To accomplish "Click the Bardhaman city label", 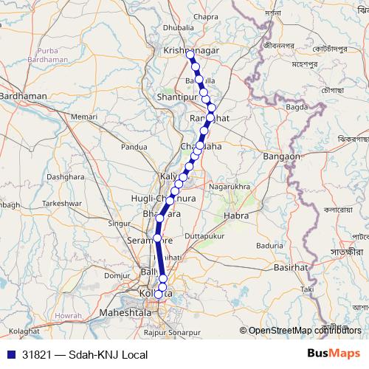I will click(x=24, y=96).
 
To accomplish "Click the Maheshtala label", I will click(x=125, y=314).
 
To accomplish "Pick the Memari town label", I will click(x=84, y=117).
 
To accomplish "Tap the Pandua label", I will click(x=134, y=147).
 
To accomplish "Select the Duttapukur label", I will click(x=204, y=235).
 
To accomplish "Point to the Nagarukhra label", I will click(x=230, y=187).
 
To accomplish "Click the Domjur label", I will click(x=117, y=275).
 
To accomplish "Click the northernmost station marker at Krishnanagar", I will click(x=190, y=55).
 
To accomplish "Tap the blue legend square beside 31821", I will click(x=9, y=355).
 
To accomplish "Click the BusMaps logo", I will click(x=334, y=354).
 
